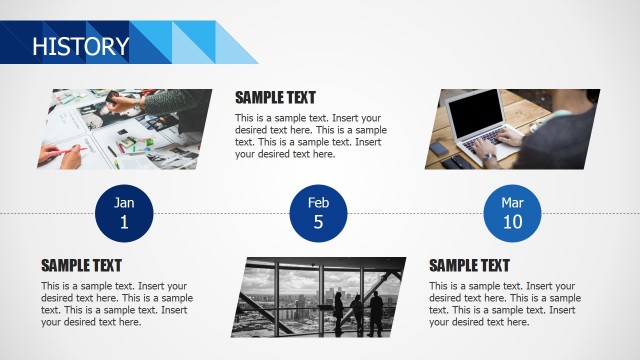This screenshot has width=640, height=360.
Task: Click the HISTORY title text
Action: tap(80, 46)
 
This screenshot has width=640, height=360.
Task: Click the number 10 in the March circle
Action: tap(512, 222)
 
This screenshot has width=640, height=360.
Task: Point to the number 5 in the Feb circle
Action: tap(318, 222)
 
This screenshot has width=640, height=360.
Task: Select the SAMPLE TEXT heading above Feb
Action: tap(275, 98)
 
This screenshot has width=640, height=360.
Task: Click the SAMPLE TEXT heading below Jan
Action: tap(81, 266)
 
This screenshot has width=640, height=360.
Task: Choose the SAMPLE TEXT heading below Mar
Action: tap(469, 266)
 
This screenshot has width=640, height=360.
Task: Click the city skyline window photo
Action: tap(322, 296)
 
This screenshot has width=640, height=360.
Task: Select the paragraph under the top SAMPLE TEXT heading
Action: tap(310, 136)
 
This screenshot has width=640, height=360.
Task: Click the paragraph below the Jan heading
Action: tap(116, 304)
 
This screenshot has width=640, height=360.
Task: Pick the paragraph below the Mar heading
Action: tap(504, 304)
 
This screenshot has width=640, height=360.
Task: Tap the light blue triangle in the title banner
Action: tap(236, 46)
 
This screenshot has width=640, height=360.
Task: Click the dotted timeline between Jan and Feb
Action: tap(220, 214)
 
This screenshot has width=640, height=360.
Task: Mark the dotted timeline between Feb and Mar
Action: tap(415, 214)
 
